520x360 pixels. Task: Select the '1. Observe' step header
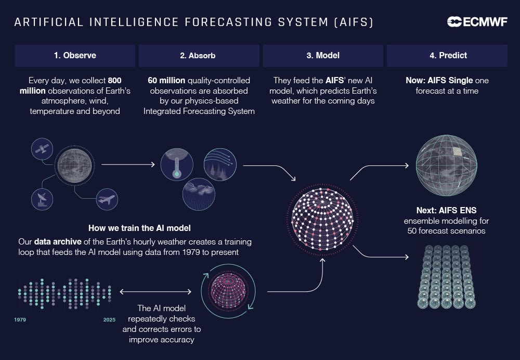pyautogui.click(x=75, y=55)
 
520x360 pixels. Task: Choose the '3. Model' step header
pyautogui.click(x=322, y=55)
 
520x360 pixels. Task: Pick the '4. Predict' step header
pyautogui.click(x=446, y=55)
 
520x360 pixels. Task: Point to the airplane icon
pyautogui.click(x=107, y=199)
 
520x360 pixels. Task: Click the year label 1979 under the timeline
pyautogui.click(x=20, y=319)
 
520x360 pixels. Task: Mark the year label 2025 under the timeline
pyautogui.click(x=109, y=319)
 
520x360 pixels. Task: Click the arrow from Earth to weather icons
pyautogui.click(x=128, y=164)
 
